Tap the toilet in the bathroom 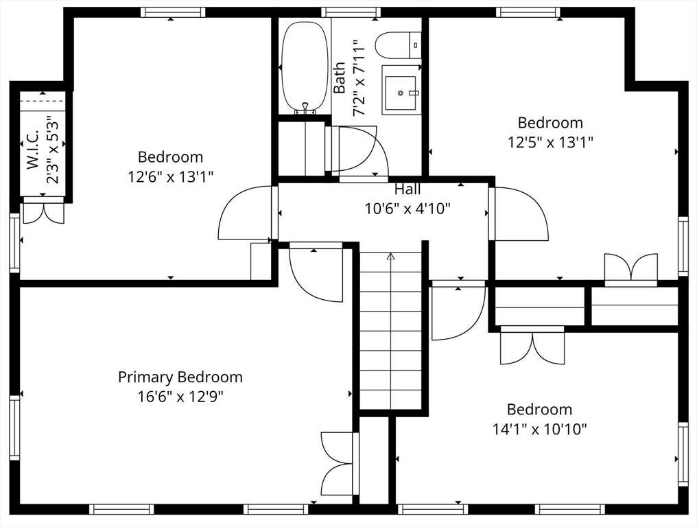(398, 45)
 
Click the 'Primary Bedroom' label (180, 377)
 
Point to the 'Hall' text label (407, 189)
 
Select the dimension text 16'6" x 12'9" (180, 396)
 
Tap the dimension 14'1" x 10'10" (540, 429)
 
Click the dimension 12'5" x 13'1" (550, 142)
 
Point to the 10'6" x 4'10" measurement (407, 208)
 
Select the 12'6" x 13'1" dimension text (171, 176)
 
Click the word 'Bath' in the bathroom (340, 78)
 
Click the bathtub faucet (305, 108)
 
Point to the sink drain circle (401, 93)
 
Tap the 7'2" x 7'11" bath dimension (359, 78)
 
